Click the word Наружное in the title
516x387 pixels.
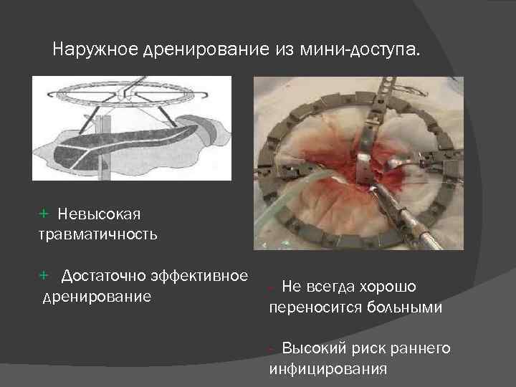pos(97,51)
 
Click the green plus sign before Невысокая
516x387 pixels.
pos(43,214)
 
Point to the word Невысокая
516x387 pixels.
pos(101,214)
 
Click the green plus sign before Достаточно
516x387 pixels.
pos(43,276)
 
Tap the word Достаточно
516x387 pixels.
pos(103,276)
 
